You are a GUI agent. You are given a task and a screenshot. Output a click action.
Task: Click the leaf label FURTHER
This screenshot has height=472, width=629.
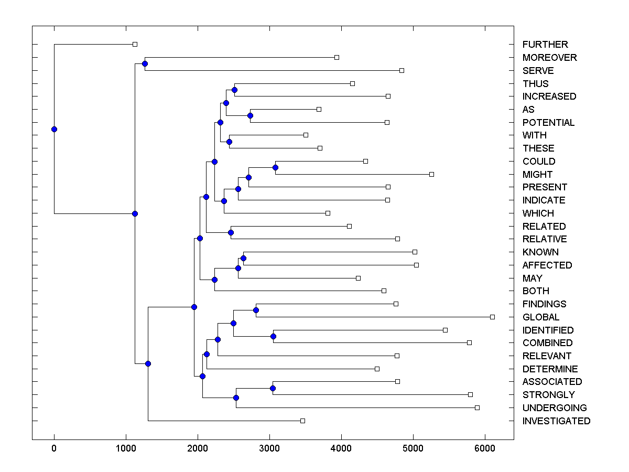545,45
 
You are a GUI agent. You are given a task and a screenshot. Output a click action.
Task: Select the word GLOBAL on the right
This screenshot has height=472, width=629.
541,317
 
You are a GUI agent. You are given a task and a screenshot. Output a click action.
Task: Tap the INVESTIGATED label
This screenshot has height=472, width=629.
556,421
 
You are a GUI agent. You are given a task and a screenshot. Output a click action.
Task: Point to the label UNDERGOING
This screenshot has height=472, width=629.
555,408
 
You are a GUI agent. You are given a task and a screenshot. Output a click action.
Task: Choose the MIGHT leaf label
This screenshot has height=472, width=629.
537,175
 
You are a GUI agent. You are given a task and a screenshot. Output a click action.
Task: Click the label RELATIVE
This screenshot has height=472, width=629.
545,239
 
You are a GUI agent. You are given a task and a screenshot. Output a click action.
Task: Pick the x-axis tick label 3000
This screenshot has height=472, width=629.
269,448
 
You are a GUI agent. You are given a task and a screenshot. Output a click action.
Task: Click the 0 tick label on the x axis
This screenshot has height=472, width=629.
54,448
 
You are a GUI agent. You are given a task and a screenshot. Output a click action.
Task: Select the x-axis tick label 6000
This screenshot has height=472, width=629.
485,448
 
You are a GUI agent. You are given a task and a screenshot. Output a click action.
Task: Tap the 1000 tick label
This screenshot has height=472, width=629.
126,448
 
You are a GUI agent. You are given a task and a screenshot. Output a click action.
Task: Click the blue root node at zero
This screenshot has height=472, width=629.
54,129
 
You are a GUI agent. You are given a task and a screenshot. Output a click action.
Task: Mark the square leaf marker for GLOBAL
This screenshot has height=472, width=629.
492,317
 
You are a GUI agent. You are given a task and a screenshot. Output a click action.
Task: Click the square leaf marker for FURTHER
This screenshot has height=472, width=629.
135,44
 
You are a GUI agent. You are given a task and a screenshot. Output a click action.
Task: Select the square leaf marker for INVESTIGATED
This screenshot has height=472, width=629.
302,421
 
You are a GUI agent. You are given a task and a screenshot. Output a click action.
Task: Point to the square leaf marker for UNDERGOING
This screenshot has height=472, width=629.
477,407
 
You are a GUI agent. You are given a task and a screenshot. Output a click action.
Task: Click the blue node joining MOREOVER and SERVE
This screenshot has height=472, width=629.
145,63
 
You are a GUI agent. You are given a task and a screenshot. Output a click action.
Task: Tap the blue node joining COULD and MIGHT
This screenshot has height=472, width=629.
275,167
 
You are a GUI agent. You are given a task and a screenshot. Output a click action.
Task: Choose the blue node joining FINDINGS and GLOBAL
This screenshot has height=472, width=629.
256,310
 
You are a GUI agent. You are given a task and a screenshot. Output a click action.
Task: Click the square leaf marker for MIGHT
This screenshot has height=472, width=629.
431,174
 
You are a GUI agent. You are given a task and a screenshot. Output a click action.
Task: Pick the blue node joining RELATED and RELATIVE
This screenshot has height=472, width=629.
231,232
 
